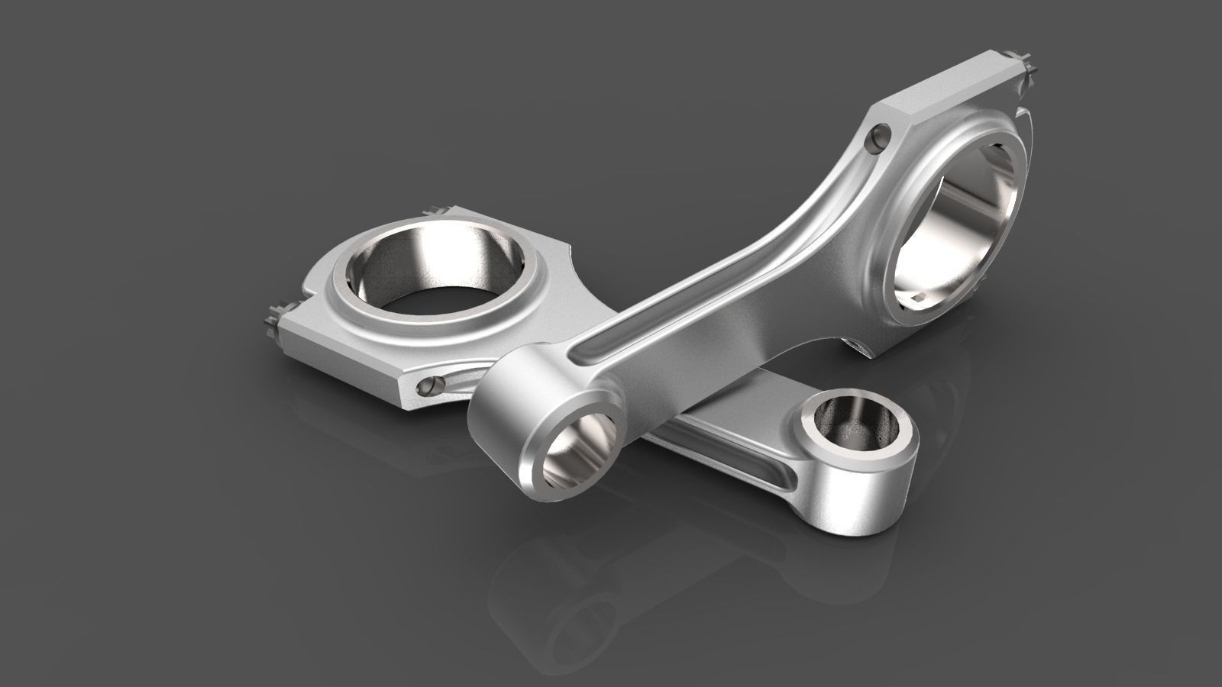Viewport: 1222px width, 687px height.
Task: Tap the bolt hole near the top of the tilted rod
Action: tap(878, 138)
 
